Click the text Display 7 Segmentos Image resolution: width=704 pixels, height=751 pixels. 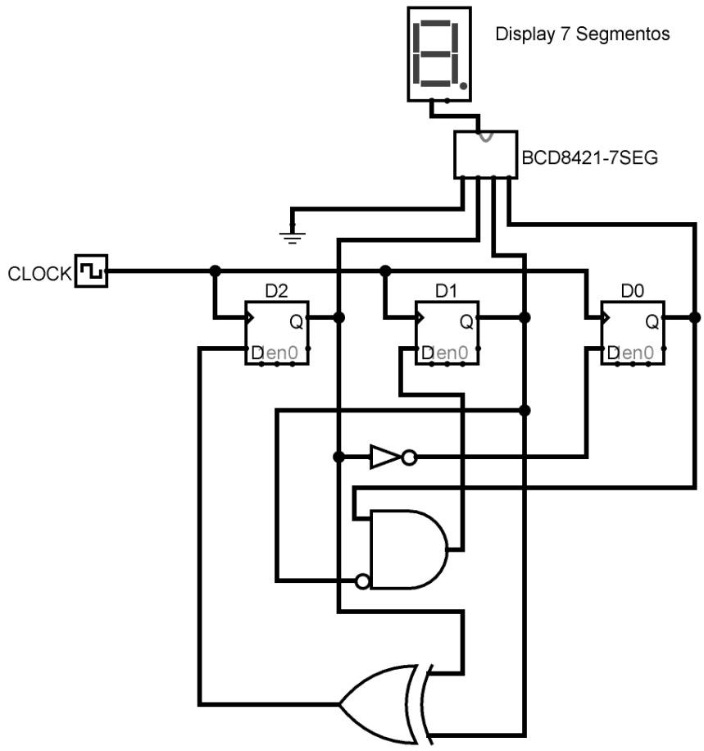[x=582, y=34]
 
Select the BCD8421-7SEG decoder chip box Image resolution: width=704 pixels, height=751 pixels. [x=485, y=153]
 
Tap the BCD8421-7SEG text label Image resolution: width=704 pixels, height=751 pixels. [x=590, y=157]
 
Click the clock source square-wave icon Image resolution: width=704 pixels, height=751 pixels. [x=91, y=271]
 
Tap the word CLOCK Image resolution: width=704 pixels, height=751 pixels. [x=39, y=274]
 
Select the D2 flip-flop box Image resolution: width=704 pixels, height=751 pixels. [x=277, y=333]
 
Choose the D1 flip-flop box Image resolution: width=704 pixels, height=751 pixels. [x=447, y=333]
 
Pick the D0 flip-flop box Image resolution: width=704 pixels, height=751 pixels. [x=633, y=333]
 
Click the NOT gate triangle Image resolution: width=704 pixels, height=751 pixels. [x=384, y=457]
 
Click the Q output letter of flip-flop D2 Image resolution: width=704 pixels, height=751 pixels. [x=296, y=322]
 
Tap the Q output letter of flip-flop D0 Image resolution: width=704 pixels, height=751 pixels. [x=652, y=322]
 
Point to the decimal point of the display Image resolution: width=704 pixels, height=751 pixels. [x=464, y=85]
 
